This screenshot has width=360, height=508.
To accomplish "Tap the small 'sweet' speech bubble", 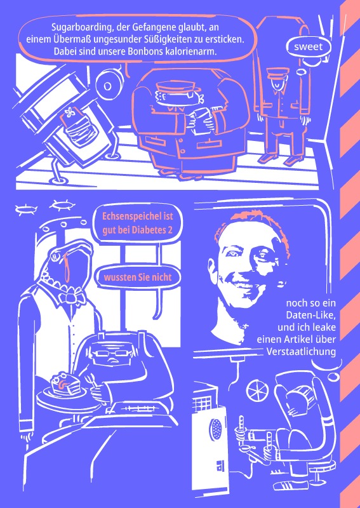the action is tap(308, 47).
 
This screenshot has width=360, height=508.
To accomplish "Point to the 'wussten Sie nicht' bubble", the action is tap(137, 277).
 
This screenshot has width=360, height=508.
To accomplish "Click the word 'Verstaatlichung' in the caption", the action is tap(301, 352).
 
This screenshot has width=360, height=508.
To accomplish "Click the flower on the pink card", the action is tap(69, 112).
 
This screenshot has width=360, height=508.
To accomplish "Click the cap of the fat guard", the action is tap(175, 88).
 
